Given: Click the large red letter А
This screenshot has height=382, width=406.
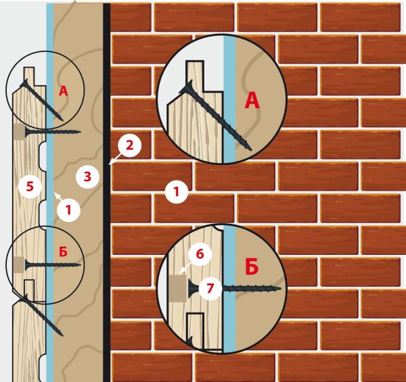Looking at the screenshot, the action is pos(252,101).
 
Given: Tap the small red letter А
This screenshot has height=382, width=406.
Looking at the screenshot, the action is pos(64,91).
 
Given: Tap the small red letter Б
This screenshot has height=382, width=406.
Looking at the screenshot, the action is pos(63,252).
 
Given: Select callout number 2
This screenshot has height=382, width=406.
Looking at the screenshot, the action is pos(129,145).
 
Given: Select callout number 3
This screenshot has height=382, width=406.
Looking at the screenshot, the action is pos(87,177).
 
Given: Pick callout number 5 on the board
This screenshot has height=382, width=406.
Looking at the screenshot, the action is pos(30,186).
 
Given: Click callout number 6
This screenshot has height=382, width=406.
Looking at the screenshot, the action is pos(200,254).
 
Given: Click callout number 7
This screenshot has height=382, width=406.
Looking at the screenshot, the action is pos(210,288).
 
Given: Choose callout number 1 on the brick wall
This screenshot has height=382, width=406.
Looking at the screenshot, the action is pos(177,192).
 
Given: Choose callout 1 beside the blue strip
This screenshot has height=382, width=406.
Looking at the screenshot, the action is pos(68,210).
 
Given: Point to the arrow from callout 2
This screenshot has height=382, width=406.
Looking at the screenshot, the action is pos(114,159).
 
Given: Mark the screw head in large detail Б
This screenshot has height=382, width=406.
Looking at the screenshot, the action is pos(193,288).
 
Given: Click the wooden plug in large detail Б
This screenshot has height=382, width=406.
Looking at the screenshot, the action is pos(177,288).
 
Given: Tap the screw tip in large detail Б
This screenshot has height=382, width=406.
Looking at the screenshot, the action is pos(279,288).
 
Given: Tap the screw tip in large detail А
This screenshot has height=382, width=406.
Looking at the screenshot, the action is pos(250,149).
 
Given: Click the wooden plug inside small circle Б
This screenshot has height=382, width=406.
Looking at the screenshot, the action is pos(19,264).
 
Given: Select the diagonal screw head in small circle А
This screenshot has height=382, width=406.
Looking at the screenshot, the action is pos(24,84).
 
